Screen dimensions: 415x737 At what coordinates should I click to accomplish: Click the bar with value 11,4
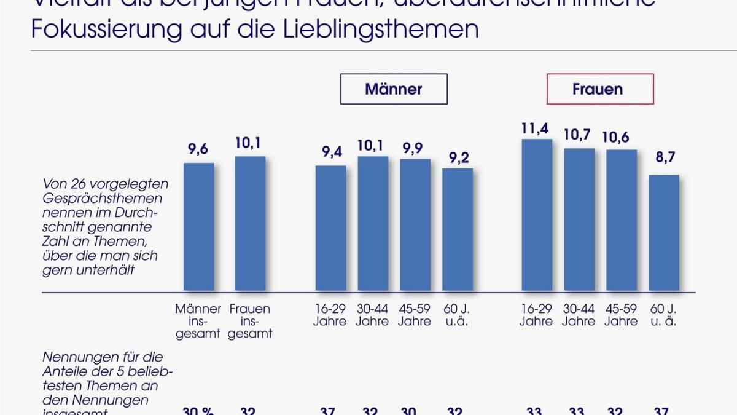point(537,215)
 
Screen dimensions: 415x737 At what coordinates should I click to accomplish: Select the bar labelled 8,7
point(664,233)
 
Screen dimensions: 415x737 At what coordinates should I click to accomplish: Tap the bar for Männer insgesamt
point(199,227)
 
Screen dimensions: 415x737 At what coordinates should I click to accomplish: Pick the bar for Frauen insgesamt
point(250,224)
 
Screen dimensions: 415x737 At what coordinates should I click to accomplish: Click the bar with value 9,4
point(330,228)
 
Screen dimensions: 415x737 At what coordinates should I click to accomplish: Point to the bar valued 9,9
point(415,225)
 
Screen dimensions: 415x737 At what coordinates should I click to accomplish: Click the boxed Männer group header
point(394,89)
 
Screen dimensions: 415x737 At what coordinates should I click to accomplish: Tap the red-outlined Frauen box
point(600,89)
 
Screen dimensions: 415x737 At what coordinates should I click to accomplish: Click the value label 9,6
point(198,150)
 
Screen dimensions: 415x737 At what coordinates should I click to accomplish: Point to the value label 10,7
point(579,135)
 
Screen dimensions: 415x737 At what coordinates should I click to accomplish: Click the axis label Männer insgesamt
point(198,321)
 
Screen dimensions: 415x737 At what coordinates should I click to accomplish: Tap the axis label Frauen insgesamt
point(249,321)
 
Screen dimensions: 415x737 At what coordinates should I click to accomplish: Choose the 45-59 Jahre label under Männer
point(415,315)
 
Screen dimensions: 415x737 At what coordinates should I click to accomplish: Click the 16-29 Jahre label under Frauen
point(536,315)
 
